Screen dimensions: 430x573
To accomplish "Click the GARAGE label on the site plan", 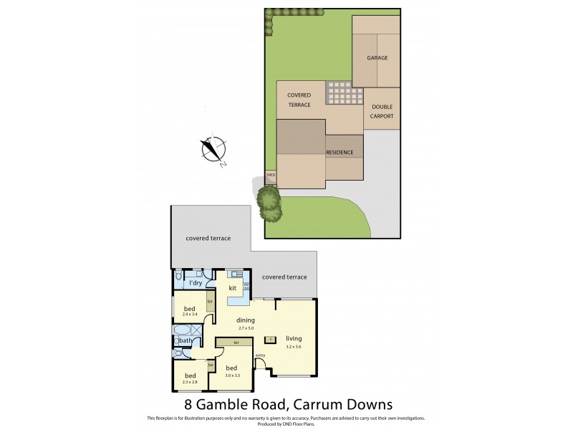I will [x=377, y=57].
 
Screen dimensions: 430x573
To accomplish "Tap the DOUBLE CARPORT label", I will [x=382, y=112].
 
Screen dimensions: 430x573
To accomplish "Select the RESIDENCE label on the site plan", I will [x=340, y=153].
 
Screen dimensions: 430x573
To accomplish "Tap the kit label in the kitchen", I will [x=232, y=288].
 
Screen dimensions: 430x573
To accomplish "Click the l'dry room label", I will [x=195, y=284].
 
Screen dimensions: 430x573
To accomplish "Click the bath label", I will [x=186, y=340].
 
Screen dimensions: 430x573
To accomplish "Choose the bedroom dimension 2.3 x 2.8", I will [x=190, y=382].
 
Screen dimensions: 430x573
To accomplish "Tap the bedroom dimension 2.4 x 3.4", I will [x=190, y=314].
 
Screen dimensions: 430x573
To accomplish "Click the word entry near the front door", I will [x=260, y=355].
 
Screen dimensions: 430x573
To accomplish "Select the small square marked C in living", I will [x=270, y=339].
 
